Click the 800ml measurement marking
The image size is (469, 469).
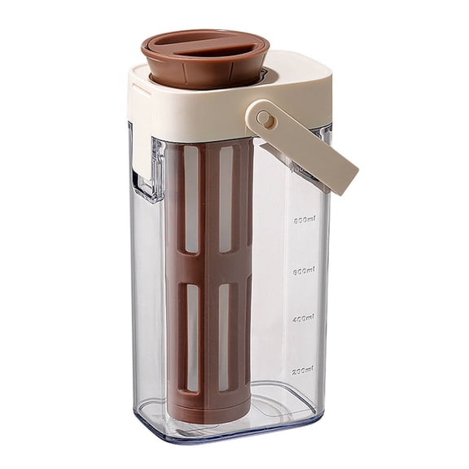[305, 219]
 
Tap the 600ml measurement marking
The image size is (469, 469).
[305, 269]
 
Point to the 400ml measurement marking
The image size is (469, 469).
[305, 318]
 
